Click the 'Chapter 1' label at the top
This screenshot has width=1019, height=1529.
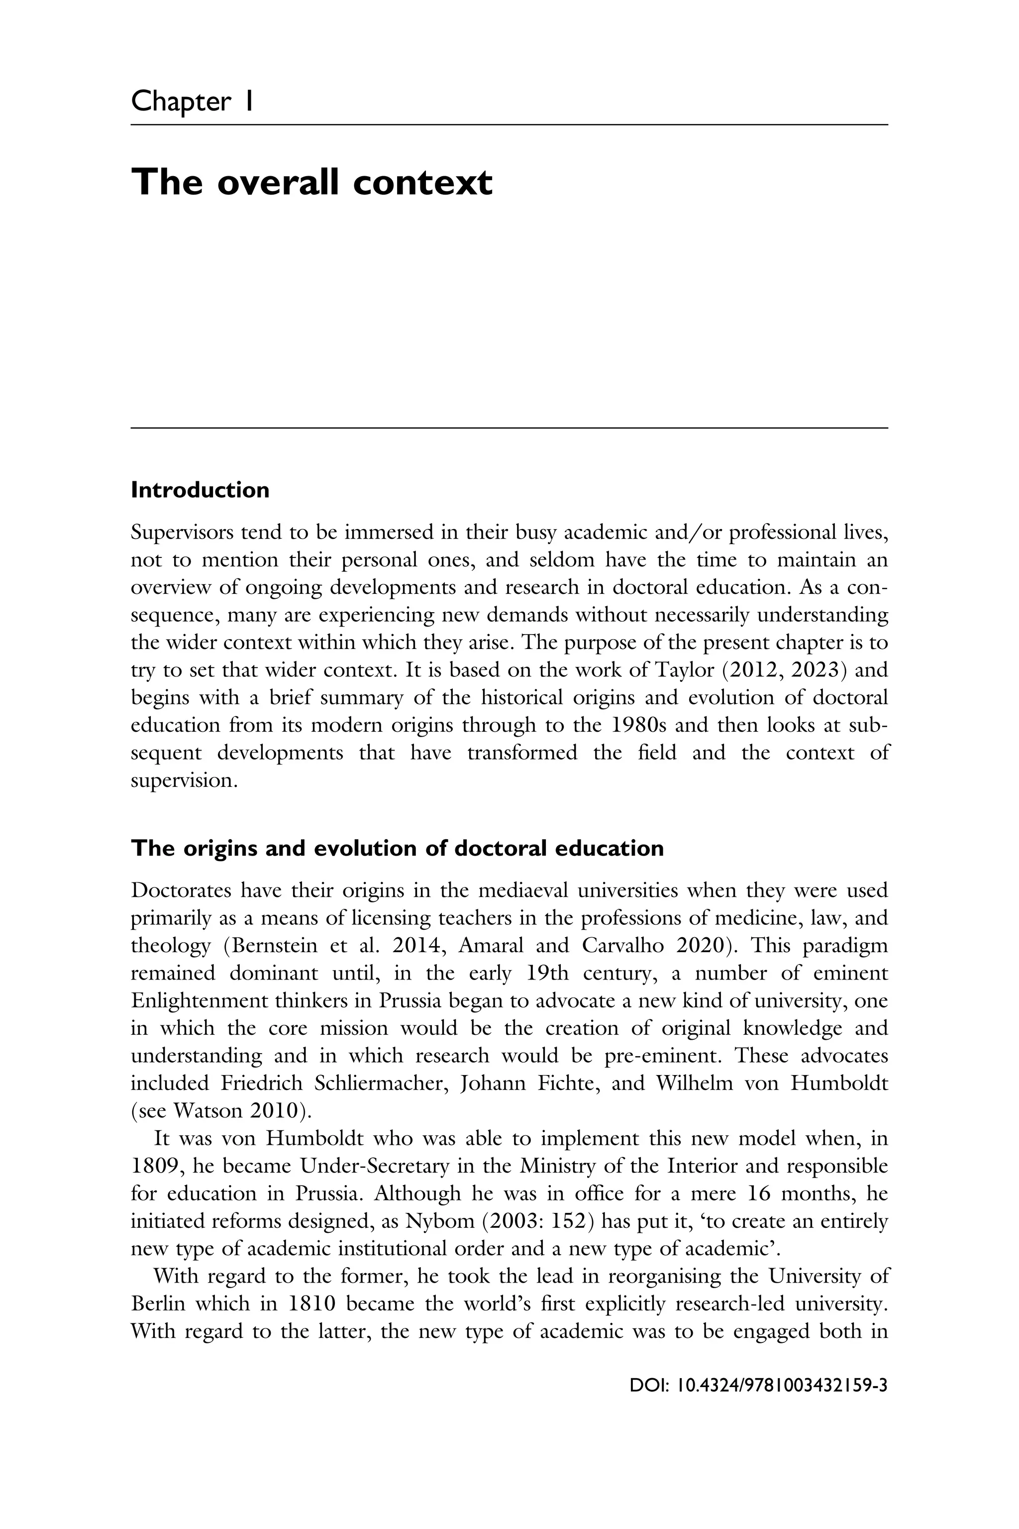(191, 102)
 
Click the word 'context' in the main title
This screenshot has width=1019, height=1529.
(422, 182)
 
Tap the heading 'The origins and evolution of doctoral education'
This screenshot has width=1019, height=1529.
(397, 848)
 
